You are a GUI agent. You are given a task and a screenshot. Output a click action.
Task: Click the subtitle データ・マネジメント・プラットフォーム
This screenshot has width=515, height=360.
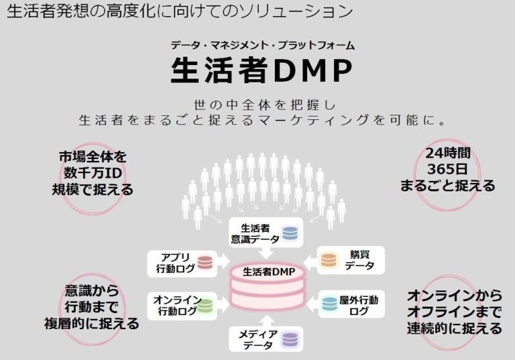[263, 45]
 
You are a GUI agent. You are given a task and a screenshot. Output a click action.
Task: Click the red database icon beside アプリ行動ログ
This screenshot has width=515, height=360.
[205, 262]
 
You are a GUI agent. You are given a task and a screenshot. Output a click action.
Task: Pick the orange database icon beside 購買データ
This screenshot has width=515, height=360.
[329, 260]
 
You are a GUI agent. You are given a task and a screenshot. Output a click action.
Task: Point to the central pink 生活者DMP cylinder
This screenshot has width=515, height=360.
[269, 283]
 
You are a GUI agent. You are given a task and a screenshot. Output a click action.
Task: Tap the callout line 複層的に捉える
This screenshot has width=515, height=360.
[91, 324]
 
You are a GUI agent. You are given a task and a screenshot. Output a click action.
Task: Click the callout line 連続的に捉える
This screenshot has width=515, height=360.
[454, 328]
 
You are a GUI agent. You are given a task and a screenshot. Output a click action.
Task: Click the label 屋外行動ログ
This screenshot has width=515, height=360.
[359, 305]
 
